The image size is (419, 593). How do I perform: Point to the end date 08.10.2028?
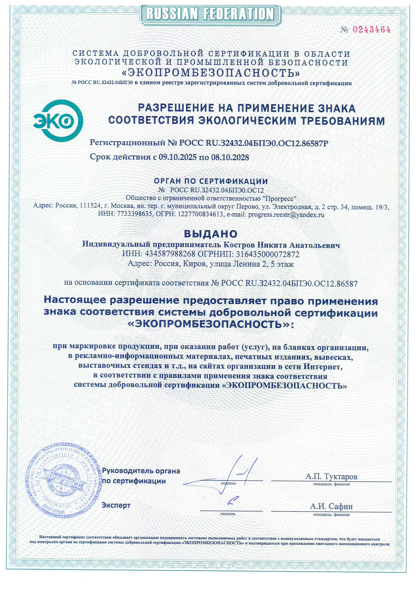click(x=230, y=157)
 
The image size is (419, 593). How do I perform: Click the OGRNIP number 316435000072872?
click(x=268, y=254)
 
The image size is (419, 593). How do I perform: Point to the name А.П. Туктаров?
click(x=331, y=476)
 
